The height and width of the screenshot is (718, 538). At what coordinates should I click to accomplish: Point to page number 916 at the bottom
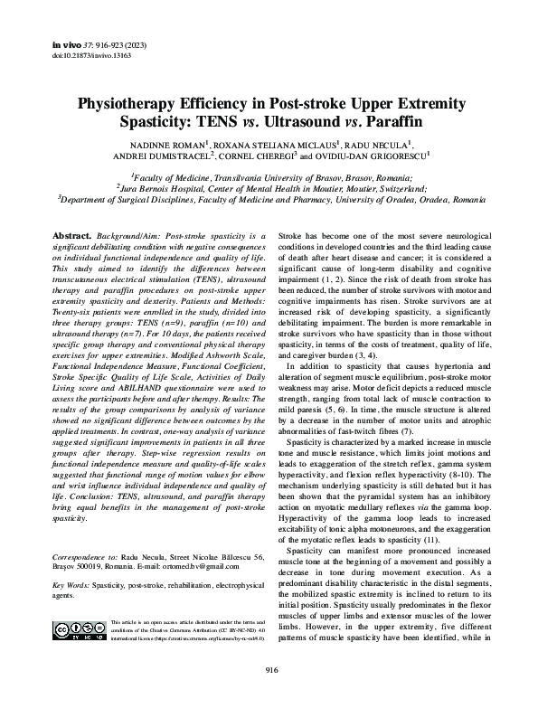[269, 694]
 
